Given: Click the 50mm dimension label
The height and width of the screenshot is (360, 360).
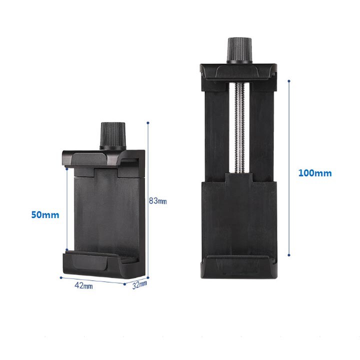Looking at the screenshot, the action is tap(45, 215).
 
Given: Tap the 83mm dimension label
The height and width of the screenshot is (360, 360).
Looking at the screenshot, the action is tap(157, 201).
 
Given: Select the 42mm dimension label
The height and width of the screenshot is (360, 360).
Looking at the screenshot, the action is tap(83, 285).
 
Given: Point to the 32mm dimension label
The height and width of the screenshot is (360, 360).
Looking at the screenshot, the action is tap(139, 284).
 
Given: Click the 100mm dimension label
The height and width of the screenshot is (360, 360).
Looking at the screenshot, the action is tap(315, 173).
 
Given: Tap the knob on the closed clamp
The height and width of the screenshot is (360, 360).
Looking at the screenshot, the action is tap(112, 136).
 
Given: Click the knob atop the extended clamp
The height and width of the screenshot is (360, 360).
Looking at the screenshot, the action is tap(239, 50).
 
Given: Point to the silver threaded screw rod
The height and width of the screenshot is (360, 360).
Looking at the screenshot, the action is tap(239, 128).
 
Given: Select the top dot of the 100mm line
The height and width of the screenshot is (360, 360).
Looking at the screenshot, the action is tap(289, 81).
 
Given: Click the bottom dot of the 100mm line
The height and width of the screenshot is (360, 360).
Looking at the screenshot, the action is tap(289, 255).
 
